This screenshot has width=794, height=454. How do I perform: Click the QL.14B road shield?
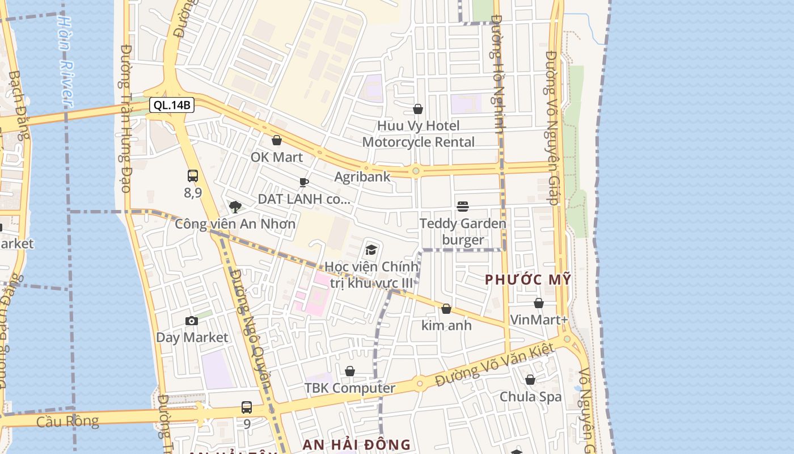pos(172,105)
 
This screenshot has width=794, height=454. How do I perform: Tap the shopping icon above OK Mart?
pos(277,140)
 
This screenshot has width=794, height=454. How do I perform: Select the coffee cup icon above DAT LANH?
pos(304,182)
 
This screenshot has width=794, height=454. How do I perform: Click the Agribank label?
pos(362,176)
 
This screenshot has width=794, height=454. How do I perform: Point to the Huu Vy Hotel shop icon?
pos(418,109)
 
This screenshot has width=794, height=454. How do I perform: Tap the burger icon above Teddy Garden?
pos(463,206)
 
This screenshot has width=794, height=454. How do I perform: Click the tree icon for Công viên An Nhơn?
pos(235,207)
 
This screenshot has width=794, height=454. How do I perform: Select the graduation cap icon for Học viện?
pos(371,250)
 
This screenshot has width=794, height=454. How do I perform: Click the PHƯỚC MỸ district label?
pos(528,280)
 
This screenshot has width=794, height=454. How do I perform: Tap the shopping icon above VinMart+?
pos(539,303)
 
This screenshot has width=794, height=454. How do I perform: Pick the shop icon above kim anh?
pos(446,309)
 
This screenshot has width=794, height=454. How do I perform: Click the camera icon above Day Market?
pos(192,321)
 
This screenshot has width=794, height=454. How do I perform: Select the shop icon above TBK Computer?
pos(350,371)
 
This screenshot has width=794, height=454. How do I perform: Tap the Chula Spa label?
pos(530,397)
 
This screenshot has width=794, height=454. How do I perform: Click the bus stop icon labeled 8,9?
pos(193,176)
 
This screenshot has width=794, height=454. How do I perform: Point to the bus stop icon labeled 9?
pos(247,407)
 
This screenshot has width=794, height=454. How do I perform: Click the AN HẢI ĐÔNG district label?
pos(356,444)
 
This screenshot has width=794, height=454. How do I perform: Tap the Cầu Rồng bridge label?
pos(67,422)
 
